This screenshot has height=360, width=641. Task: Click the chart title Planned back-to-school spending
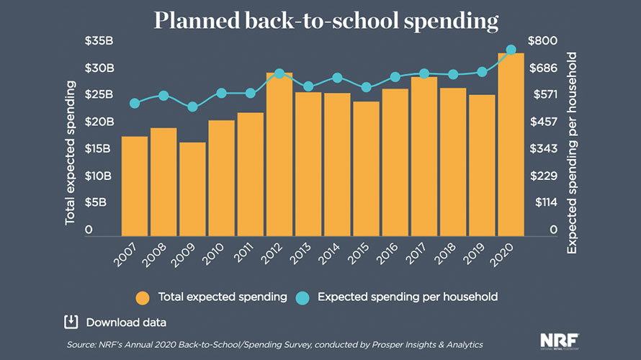pos(325,21)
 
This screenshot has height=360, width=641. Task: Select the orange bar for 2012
pos(279,155)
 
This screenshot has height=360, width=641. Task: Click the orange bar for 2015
pos(366,169)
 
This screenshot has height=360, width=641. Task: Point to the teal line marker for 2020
pos(511,50)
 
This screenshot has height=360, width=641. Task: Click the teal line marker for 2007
pos(135,104)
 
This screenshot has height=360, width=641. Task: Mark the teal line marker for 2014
pos(337,78)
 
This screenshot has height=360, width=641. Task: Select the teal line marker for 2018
pos(453,74)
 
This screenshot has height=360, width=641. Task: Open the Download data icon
pos(71,321)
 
